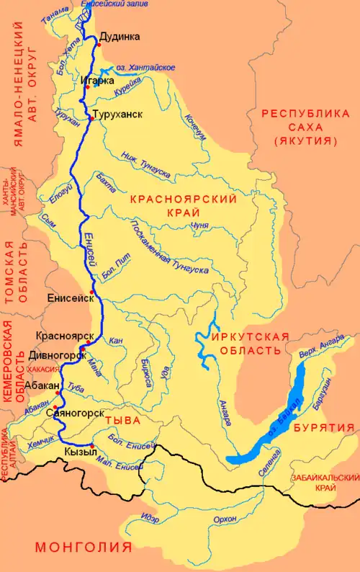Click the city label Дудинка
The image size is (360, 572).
point(120,37)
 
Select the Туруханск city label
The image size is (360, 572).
point(117,115)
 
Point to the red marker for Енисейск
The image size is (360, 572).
point(93,291)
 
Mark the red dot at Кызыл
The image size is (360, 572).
point(92,444)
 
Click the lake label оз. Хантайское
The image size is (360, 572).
point(146,67)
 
